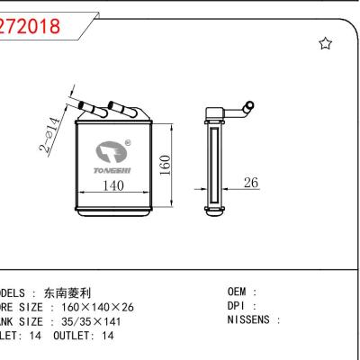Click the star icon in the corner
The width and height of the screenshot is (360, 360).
326,44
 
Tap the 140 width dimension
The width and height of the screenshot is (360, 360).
112,185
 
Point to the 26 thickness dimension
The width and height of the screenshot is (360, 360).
251,183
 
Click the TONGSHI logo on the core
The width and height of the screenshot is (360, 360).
112,157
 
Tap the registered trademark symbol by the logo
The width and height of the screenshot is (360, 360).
127,141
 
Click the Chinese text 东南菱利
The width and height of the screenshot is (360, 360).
93,292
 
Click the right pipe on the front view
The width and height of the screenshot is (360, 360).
120,110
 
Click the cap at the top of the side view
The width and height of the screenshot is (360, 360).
215,112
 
